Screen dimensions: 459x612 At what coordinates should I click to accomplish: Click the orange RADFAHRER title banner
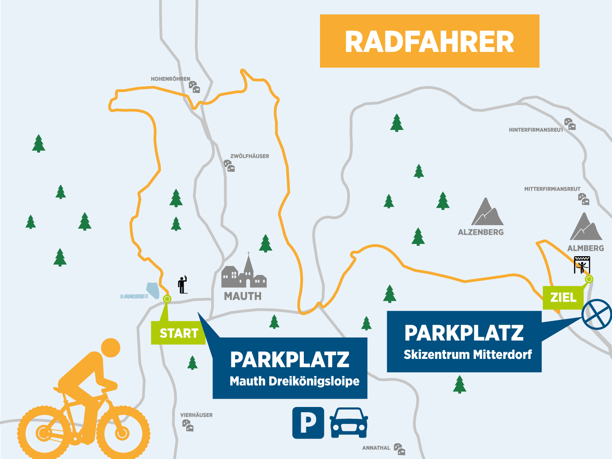429,41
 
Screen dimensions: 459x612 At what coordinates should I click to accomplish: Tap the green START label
178,333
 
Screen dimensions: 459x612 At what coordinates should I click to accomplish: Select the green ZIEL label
563,298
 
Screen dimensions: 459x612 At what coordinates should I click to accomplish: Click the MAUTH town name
243,296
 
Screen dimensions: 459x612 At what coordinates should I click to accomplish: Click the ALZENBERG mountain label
480,233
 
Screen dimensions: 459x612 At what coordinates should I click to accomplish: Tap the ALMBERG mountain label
585,248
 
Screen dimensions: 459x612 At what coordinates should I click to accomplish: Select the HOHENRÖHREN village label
170,79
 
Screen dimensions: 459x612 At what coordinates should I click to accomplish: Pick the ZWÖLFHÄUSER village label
250,156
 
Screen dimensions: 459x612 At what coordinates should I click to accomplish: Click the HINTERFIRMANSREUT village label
536,130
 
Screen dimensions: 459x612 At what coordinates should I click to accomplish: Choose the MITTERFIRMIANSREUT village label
552,189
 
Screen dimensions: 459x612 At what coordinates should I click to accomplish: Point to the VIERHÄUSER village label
196,415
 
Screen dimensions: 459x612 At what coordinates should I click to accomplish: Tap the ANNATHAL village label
376,448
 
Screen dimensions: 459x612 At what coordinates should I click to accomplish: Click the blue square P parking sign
308,423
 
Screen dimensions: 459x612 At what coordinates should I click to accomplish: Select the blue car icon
348,423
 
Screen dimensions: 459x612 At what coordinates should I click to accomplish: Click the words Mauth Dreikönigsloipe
294,381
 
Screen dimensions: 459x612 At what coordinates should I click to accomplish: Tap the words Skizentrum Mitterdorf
467,355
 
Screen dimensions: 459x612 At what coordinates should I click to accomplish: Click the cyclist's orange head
110,348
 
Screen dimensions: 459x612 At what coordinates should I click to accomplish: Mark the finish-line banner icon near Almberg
582,264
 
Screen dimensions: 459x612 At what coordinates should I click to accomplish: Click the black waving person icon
183,285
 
